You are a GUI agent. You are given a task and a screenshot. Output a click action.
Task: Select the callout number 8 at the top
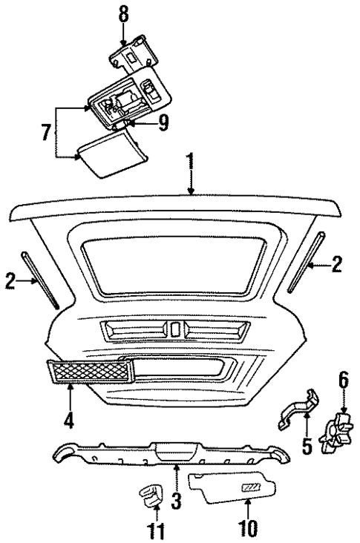(x=122, y=13)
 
